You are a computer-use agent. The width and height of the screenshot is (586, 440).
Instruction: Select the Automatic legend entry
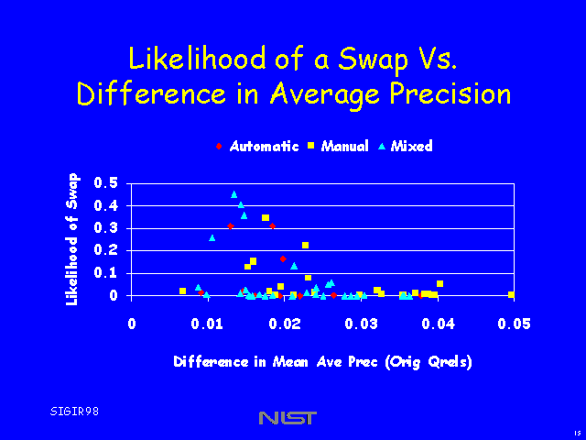(264, 147)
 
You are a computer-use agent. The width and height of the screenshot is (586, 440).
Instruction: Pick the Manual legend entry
(343, 147)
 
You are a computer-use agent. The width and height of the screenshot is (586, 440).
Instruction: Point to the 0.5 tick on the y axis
(106, 184)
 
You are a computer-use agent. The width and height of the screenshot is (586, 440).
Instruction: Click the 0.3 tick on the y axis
(106, 228)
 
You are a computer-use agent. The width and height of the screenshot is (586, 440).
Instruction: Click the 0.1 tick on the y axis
(106, 273)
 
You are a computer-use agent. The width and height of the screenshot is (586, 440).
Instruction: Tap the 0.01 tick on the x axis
(209, 324)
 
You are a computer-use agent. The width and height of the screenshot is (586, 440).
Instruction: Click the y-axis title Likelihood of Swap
(72, 238)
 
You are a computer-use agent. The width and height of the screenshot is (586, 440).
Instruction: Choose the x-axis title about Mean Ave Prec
(322, 361)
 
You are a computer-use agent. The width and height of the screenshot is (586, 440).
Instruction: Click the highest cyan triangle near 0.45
(234, 194)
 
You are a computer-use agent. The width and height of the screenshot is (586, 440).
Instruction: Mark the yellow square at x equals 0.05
(511, 294)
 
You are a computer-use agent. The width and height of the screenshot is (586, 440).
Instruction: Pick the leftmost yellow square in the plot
(183, 291)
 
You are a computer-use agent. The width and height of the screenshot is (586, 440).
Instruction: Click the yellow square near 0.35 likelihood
(266, 218)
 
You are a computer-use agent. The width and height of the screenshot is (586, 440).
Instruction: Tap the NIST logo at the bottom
(288, 418)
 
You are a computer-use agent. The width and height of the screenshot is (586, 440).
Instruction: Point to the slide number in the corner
(576, 433)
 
